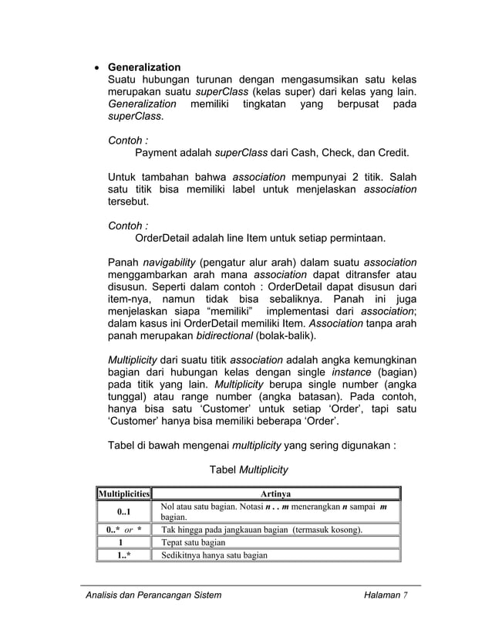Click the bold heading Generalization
point(143,67)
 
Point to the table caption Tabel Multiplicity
point(248,470)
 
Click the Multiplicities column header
point(123,494)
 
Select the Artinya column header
point(275,494)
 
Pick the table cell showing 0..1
point(123,511)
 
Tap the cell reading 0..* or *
point(123,530)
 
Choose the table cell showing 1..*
point(123,555)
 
